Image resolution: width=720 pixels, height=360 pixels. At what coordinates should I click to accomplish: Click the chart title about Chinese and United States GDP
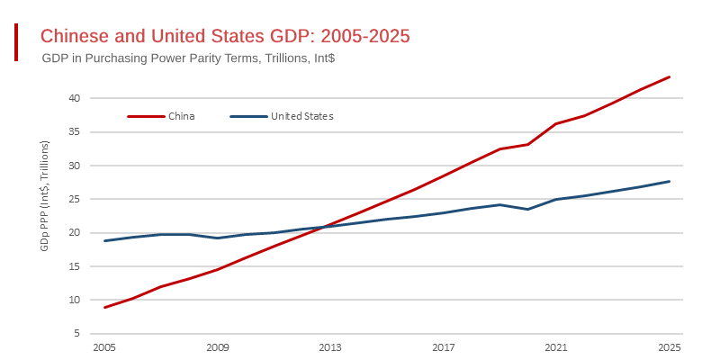point(225,36)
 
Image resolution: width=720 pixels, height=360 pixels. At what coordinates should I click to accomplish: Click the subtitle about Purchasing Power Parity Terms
point(189,58)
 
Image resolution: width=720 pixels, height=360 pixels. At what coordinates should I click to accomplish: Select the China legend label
point(181,116)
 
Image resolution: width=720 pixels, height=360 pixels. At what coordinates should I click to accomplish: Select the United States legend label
point(302,116)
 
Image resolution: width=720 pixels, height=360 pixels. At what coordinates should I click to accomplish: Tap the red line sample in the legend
point(146,116)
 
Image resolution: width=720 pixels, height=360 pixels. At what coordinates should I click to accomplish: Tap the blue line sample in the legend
point(248,116)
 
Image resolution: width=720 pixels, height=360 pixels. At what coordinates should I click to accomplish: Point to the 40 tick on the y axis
point(76,98)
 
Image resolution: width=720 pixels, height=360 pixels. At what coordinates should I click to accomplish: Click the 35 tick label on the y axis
point(76,131)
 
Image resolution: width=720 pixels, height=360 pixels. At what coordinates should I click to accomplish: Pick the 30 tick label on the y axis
point(76,166)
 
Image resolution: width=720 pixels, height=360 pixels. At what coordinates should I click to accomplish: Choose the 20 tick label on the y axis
point(76,233)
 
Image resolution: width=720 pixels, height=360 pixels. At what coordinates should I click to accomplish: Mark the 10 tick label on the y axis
point(76,300)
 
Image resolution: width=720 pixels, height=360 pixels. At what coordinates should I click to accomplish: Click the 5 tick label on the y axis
point(78,334)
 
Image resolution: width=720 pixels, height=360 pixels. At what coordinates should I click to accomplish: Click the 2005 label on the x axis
point(104,347)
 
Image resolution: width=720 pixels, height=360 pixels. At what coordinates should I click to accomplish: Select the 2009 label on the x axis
point(217,347)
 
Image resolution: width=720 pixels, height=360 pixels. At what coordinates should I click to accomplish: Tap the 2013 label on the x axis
point(330,347)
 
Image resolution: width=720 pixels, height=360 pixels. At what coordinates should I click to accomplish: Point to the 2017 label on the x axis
point(443,347)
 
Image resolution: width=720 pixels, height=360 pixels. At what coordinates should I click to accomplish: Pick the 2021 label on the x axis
point(556,347)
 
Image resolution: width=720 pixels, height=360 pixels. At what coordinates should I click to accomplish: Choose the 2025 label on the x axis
point(669,347)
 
